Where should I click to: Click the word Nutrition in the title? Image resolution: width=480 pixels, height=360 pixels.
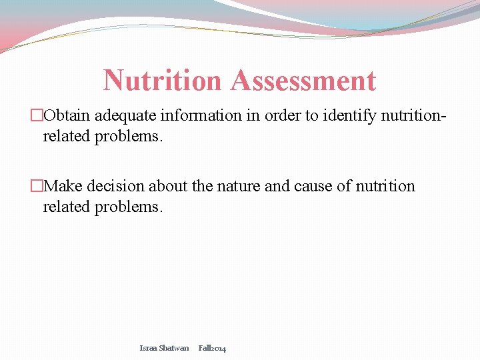click(162, 81)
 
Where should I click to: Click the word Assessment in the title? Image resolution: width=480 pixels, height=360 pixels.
click(303, 81)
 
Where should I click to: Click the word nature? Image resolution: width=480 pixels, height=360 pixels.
click(239, 186)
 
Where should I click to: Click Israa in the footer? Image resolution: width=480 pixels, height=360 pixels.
click(148, 348)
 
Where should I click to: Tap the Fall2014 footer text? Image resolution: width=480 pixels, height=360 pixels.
click(212, 348)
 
